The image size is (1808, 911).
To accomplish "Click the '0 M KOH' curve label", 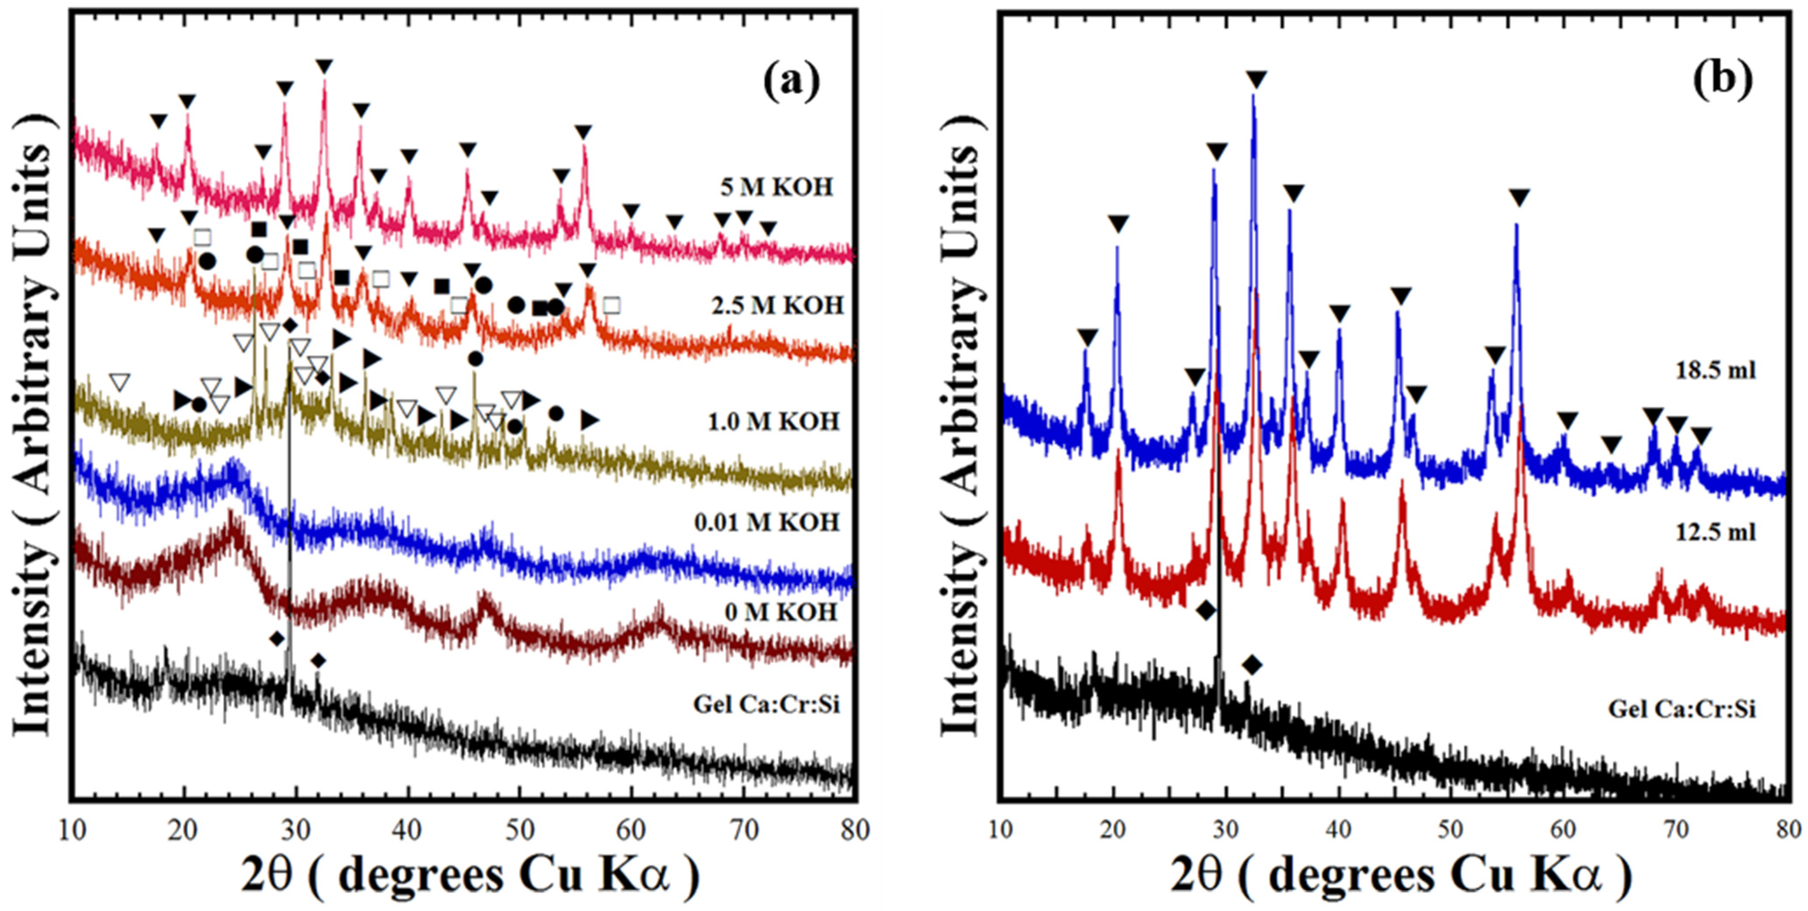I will tap(781, 612).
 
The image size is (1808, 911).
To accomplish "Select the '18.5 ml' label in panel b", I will tap(1715, 370).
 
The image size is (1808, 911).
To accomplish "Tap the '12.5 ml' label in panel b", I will tap(1715, 532).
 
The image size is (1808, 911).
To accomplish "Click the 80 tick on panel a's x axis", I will tap(854, 829).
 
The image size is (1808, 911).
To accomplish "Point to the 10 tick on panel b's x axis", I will tap(1001, 829).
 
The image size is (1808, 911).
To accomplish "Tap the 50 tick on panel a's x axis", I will tap(519, 829).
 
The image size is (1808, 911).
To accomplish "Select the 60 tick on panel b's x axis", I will tap(1564, 829).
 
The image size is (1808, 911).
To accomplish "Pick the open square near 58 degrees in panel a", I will tap(611, 306).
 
